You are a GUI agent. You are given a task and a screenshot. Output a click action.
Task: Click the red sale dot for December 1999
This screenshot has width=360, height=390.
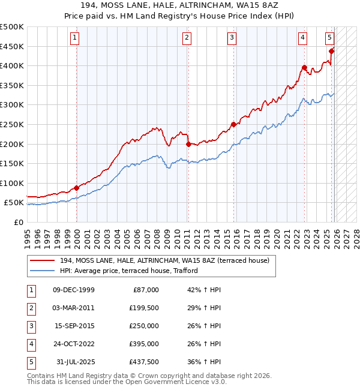tap(76, 188)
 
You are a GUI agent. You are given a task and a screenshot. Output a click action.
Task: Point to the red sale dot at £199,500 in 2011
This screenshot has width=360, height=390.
tap(188, 144)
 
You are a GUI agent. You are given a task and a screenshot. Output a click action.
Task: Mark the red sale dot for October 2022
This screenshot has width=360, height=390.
tap(304, 67)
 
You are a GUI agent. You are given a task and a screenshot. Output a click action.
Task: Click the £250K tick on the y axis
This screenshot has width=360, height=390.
tap(12, 124)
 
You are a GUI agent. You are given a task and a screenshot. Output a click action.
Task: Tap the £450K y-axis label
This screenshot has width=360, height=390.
tap(12, 46)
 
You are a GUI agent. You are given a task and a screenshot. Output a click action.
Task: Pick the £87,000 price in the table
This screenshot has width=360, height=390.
tap(146, 289)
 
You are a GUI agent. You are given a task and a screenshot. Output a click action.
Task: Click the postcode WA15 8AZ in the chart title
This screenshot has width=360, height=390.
tap(255, 5)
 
